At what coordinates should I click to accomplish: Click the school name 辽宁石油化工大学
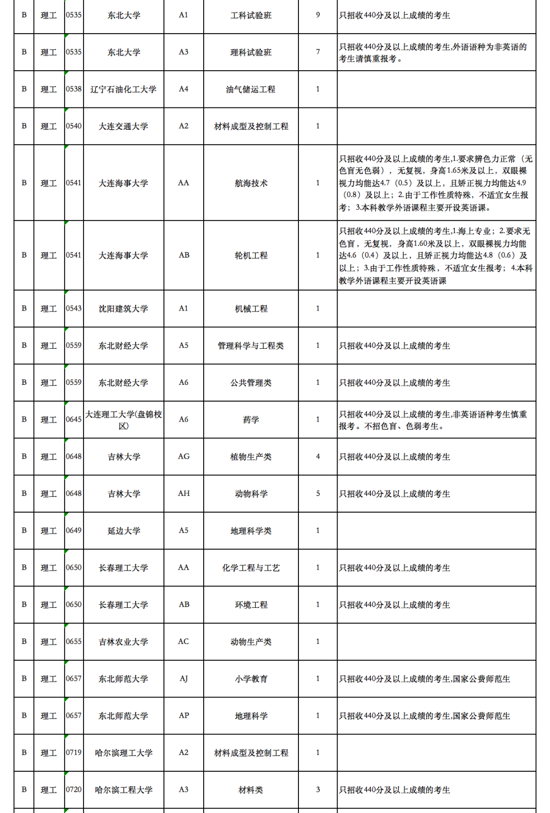point(123,90)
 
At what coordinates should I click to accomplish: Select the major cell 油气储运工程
point(251,90)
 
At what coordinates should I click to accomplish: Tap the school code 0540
point(74,126)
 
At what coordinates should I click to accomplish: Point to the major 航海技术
point(251,183)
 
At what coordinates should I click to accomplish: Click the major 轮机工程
point(251,256)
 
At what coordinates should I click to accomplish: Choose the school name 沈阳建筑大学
point(123,309)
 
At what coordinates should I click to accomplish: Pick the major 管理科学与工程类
point(251,346)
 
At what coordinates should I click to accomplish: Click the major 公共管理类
point(251,383)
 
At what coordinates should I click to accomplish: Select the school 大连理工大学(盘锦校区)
point(123,420)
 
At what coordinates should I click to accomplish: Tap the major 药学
point(251,420)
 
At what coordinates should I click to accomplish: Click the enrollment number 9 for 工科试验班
point(318,15)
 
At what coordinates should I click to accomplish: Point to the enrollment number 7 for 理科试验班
point(318,52)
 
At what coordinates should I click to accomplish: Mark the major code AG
point(184,457)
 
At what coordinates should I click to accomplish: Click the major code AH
point(184,494)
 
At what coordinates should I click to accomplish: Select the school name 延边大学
point(123,531)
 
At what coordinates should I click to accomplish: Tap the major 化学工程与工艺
point(251,568)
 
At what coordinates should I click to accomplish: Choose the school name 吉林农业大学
point(123,642)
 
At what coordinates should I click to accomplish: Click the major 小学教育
point(251,679)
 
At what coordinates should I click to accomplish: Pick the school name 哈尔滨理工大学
point(123,753)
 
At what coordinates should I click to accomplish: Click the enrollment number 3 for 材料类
point(318,790)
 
